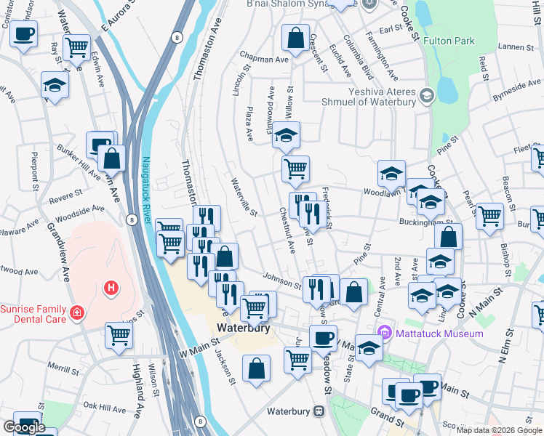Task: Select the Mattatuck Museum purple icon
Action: point(385,334)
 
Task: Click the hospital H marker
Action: point(111,288)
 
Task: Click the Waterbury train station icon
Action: point(318,411)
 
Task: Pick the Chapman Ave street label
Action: point(266,60)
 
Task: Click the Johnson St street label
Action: point(281,280)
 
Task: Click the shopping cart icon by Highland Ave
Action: point(119,335)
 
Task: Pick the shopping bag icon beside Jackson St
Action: point(257,368)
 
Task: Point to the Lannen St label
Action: point(517,47)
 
